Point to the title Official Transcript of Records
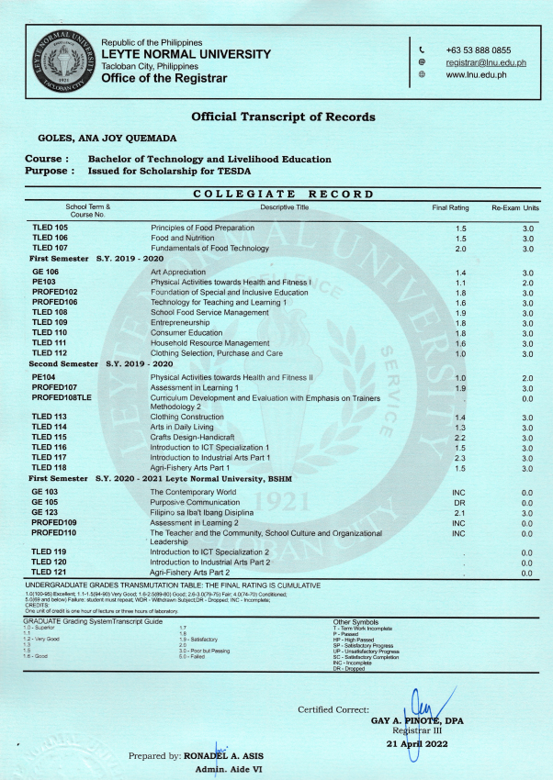283,117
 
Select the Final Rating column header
451,208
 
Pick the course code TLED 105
51,228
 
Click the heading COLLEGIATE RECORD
285,194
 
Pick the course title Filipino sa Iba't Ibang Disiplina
212,513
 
